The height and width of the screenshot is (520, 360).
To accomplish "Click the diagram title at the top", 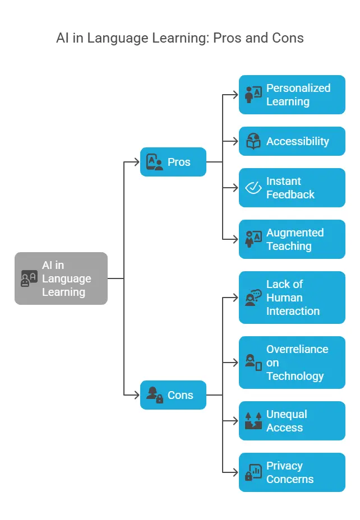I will [180, 38].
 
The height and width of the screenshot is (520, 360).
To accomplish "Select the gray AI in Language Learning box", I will [61, 278].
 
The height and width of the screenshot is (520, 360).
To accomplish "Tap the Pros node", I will [173, 162].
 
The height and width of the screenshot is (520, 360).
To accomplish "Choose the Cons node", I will [173, 395].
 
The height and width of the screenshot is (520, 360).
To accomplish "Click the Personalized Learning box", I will [292, 95].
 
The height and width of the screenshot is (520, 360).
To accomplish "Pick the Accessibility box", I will [292, 141].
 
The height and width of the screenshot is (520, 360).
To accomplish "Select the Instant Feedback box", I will [292, 188].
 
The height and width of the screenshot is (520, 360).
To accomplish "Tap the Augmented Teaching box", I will [292, 239].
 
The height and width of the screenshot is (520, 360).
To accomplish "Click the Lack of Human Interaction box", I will [292, 298].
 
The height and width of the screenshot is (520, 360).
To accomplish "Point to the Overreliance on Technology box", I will [292, 363].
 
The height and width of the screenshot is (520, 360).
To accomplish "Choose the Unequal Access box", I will [292, 421].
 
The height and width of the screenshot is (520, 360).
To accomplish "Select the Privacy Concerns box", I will [292, 472].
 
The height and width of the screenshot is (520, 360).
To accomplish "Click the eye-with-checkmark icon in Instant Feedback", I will [253, 188].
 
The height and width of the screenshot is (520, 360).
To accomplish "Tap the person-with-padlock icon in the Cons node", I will [154, 395].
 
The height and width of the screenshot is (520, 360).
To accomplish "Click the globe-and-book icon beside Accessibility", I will [253, 141].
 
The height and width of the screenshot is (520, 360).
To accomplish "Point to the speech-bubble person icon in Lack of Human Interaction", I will [253, 298].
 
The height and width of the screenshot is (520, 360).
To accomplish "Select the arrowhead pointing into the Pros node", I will [136, 162].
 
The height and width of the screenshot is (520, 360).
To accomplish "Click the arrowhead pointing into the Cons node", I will [136, 395].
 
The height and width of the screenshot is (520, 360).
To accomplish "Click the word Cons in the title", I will [289, 38].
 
